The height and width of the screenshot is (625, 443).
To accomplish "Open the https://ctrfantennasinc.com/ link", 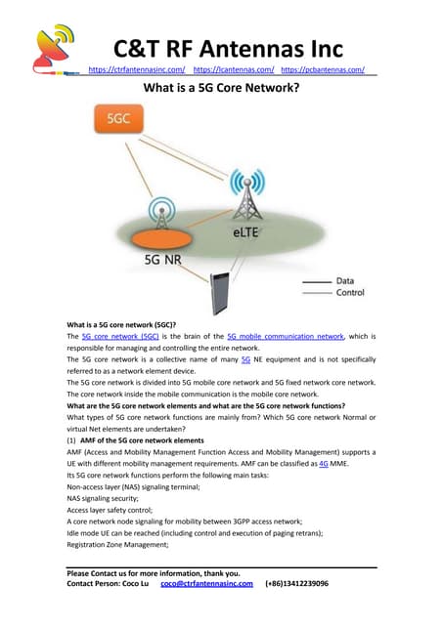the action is [x=137, y=70].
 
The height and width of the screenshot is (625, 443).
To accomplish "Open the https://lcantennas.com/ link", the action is [x=233, y=70].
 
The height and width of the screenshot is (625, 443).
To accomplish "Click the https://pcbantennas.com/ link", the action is [x=323, y=70].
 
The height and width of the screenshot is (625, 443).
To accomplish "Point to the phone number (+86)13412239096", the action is [x=296, y=583].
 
